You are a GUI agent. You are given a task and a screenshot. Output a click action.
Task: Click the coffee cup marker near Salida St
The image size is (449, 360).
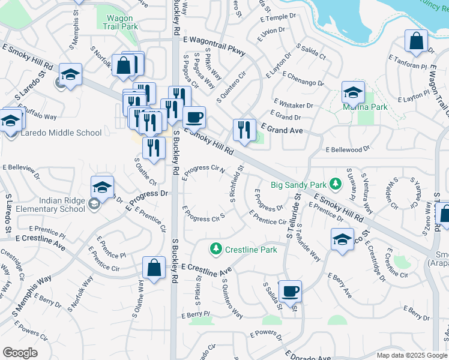click(291, 291)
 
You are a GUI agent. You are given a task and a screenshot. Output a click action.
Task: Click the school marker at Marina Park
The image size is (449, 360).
click(353, 92)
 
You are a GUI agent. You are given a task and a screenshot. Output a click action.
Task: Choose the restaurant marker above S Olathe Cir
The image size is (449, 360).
click(154, 147)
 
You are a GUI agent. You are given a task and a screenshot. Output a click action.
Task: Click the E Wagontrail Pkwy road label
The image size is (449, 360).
click(215, 45)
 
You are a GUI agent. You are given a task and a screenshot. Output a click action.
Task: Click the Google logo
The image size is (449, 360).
click(20, 352)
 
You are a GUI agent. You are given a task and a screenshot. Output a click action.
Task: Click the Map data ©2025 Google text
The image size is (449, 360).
click(411, 355)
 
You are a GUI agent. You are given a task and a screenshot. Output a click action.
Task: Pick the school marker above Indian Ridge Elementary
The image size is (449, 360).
click(102, 187)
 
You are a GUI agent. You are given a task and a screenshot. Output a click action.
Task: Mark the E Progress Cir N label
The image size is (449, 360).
click(203, 170)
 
